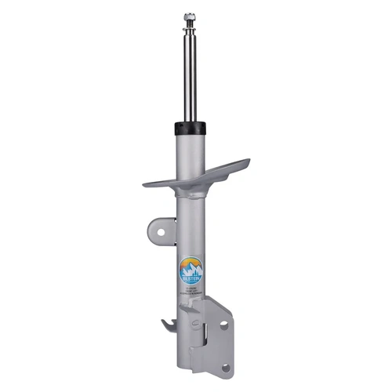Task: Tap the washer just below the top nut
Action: click(189, 30)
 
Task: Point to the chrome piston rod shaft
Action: click(189, 78)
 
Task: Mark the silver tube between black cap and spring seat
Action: click(190, 153)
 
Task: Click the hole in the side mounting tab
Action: click(161, 231)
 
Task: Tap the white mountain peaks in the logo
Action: click(191, 269)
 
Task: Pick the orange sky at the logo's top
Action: click(191, 261)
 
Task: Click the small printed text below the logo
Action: click(191, 289)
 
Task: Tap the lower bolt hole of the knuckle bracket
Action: click(226, 366)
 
